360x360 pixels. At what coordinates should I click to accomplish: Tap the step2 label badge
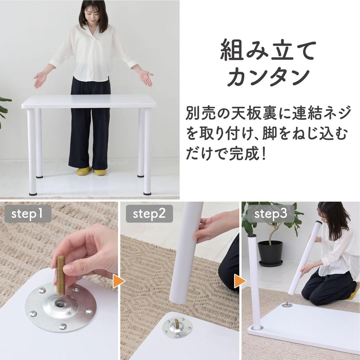pos(149,214)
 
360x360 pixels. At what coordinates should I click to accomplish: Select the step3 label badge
pos(270,214)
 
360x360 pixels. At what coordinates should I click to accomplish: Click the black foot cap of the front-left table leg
pos(33,193)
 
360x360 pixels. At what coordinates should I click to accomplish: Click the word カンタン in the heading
pos(268,78)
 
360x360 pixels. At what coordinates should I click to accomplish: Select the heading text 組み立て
pos(268,51)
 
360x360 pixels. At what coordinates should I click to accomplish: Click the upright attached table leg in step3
pos(254,281)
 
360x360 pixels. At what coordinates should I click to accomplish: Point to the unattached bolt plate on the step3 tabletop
pos(287,304)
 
